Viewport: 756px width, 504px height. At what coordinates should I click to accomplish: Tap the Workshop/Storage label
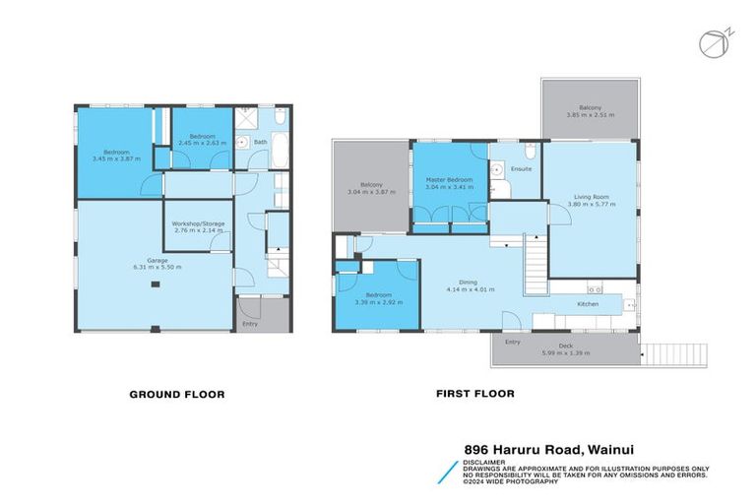tap(199, 223)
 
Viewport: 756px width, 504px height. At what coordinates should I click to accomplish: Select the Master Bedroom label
tap(449, 180)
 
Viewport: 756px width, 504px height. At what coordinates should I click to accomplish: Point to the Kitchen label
tap(588, 304)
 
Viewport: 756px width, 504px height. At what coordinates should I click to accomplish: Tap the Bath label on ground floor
tap(260, 143)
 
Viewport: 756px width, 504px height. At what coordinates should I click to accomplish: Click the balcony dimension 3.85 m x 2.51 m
tap(590, 115)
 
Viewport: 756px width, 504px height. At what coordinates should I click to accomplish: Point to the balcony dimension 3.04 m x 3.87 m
tap(371, 192)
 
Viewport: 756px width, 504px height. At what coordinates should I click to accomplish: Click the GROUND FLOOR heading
tap(177, 395)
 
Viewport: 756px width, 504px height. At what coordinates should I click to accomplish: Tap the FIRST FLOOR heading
tap(474, 394)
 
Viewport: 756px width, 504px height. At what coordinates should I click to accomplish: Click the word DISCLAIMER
tap(486, 461)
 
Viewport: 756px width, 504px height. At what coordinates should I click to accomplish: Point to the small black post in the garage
tap(155, 285)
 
